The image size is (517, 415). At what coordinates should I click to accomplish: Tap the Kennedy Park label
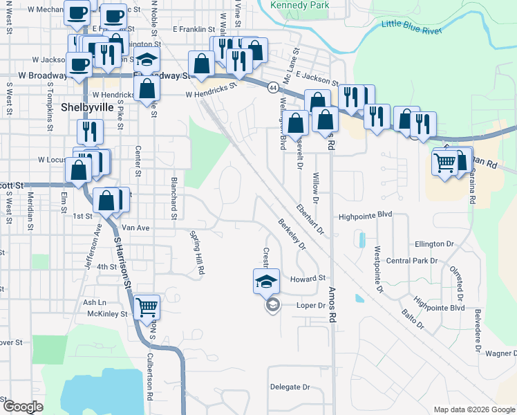(299, 6)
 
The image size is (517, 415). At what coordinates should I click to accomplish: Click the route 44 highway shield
(274, 88)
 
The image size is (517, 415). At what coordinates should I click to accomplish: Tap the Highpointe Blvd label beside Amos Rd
(366, 216)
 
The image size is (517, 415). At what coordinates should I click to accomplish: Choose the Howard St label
(308, 279)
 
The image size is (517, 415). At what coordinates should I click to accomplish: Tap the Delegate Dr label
(290, 387)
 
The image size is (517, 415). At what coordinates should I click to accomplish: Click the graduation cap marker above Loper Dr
(267, 281)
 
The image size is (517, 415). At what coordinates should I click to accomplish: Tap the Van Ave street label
(135, 228)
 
